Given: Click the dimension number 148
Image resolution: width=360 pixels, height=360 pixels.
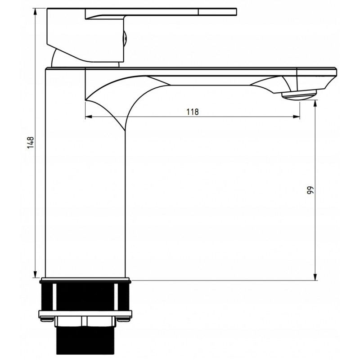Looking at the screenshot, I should pyautogui.click(x=31, y=142).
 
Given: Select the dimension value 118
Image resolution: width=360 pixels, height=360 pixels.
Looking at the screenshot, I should pyautogui.click(x=192, y=112).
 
